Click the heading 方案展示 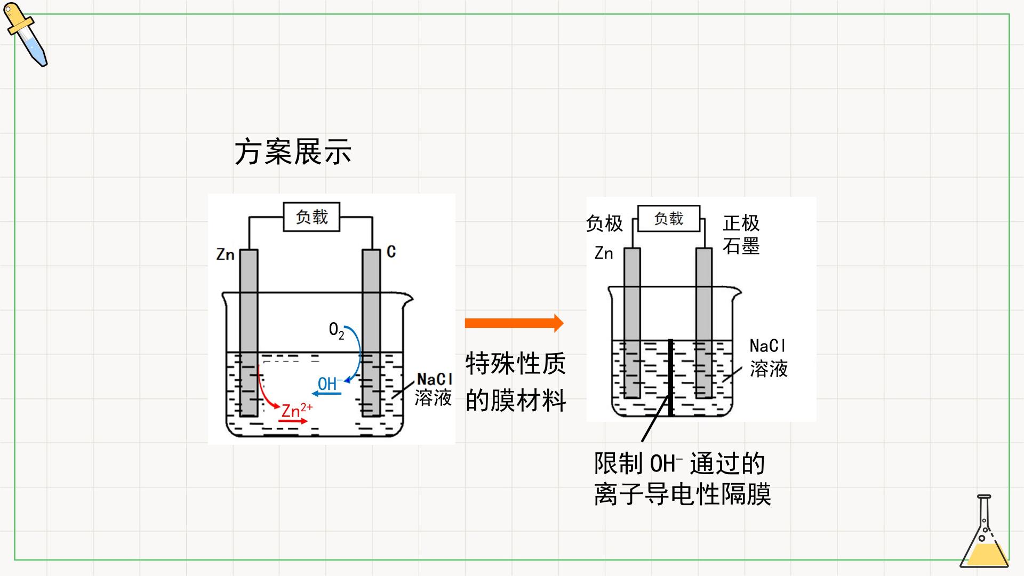click(x=293, y=152)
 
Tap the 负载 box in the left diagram click(x=311, y=217)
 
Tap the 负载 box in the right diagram click(x=669, y=219)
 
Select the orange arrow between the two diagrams click(x=514, y=323)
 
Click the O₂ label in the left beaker click(x=337, y=331)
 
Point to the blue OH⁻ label click(x=331, y=383)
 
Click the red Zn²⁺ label click(x=297, y=410)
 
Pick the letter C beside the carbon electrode click(x=391, y=252)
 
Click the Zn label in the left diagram click(x=226, y=254)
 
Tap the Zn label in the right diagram click(x=604, y=253)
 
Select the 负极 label click(x=604, y=223)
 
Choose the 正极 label click(x=741, y=223)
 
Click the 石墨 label click(x=741, y=246)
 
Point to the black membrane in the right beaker click(x=670, y=378)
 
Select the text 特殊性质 click(x=515, y=364)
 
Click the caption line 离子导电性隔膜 click(x=683, y=494)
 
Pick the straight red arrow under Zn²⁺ click(x=293, y=421)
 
